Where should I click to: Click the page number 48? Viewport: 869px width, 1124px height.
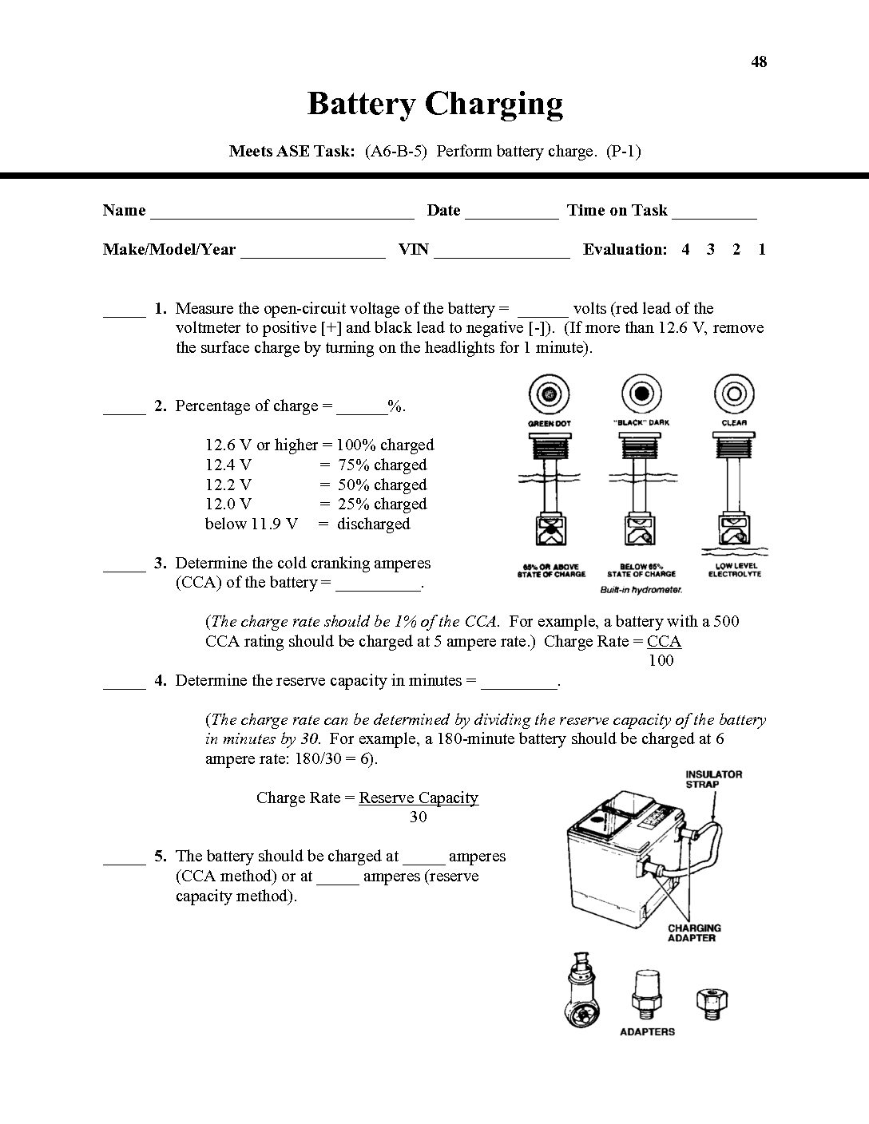coord(759,61)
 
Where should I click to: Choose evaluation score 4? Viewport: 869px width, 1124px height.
coord(685,249)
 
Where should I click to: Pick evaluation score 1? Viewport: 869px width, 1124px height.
coord(762,249)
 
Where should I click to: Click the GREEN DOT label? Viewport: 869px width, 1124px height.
coord(550,422)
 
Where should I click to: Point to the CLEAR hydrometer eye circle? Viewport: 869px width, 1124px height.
coord(734,394)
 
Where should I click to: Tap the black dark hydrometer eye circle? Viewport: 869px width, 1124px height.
coord(641,394)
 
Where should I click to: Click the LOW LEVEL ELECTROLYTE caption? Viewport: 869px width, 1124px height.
coord(735,570)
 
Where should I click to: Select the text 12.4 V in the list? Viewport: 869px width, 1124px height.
coord(228,465)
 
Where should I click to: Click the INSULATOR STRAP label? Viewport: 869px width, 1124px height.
coord(714,779)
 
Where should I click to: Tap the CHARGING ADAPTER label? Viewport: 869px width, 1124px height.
coord(694,932)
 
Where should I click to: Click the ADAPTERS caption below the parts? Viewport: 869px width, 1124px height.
coord(647,1031)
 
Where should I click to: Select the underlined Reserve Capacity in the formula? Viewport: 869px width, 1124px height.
coord(419,797)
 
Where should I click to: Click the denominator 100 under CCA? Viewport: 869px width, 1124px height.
coord(661,660)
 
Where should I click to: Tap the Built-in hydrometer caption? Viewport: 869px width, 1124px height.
coord(640,590)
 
